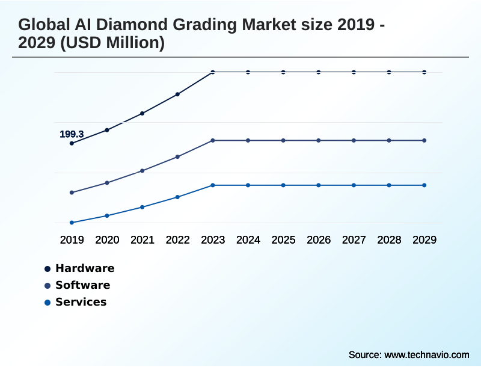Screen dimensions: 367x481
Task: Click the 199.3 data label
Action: pyautogui.click(x=72, y=134)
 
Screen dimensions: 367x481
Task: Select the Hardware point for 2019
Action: pyautogui.click(x=72, y=143)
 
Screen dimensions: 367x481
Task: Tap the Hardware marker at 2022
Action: pyautogui.click(x=177, y=94)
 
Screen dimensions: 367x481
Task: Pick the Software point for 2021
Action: pyautogui.click(x=142, y=171)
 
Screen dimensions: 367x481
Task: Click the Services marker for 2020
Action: pyautogui.click(x=107, y=215)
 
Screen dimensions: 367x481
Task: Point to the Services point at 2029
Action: pyautogui.click(x=424, y=185)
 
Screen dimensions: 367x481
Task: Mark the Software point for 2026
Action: pyautogui.click(x=319, y=140)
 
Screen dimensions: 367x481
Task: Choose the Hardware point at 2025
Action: pyautogui.click(x=283, y=72)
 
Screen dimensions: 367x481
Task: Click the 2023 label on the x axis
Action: pyautogui.click(x=213, y=240)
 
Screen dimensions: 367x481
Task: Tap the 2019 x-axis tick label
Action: pyautogui.click(x=72, y=240)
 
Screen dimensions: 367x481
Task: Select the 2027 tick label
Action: pyautogui.click(x=354, y=240)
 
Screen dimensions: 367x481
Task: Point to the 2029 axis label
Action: pyautogui.click(x=424, y=240)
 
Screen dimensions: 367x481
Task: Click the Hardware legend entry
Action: pyautogui.click(x=85, y=268)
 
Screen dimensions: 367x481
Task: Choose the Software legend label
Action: pyautogui.click(x=82, y=285)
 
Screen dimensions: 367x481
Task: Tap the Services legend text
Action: pyautogui.click(x=81, y=302)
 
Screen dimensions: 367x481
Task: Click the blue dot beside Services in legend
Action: pyautogui.click(x=47, y=302)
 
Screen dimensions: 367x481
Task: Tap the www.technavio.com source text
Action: pyautogui.click(x=426, y=354)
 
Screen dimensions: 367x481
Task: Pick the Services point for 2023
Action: pyautogui.click(x=213, y=185)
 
